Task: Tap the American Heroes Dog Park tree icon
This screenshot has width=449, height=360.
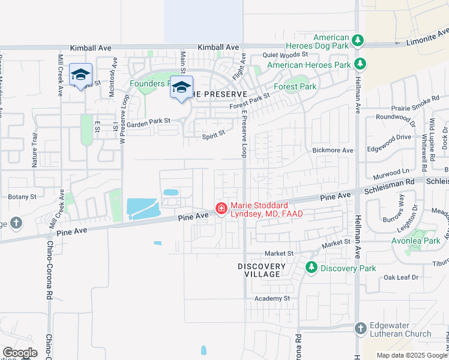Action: pyautogui.click(x=358, y=41)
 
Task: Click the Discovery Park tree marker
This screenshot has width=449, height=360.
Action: pyautogui.click(x=312, y=268)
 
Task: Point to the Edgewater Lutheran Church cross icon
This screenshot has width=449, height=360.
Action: pyautogui.click(x=360, y=328)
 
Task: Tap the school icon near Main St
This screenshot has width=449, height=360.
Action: pyautogui.click(x=181, y=88)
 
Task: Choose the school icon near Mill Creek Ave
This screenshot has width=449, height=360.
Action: pyautogui.click(x=80, y=75)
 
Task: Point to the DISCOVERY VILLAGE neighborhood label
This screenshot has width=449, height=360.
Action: pyautogui.click(x=262, y=270)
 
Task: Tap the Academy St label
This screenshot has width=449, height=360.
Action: pyautogui.click(x=272, y=298)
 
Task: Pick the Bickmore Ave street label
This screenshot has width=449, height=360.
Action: pyautogui.click(x=333, y=150)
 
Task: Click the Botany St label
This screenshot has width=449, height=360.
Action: pyautogui.click(x=22, y=196)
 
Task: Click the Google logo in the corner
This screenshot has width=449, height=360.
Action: pyautogui.click(x=20, y=353)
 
